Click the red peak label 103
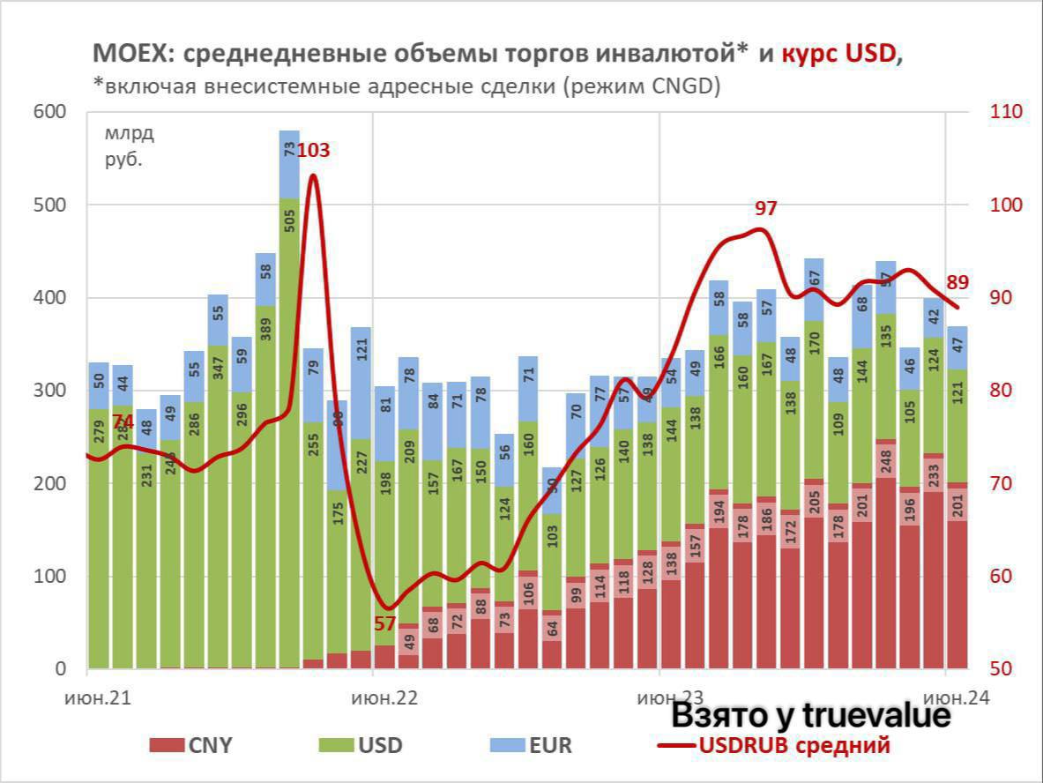[313, 150]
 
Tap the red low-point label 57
[384, 623]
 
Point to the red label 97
[766, 209]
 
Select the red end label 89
[958, 282]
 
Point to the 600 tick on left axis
[49, 112]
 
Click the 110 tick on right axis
[1006, 112]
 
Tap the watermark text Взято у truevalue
[811, 716]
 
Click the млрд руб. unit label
[129, 147]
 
